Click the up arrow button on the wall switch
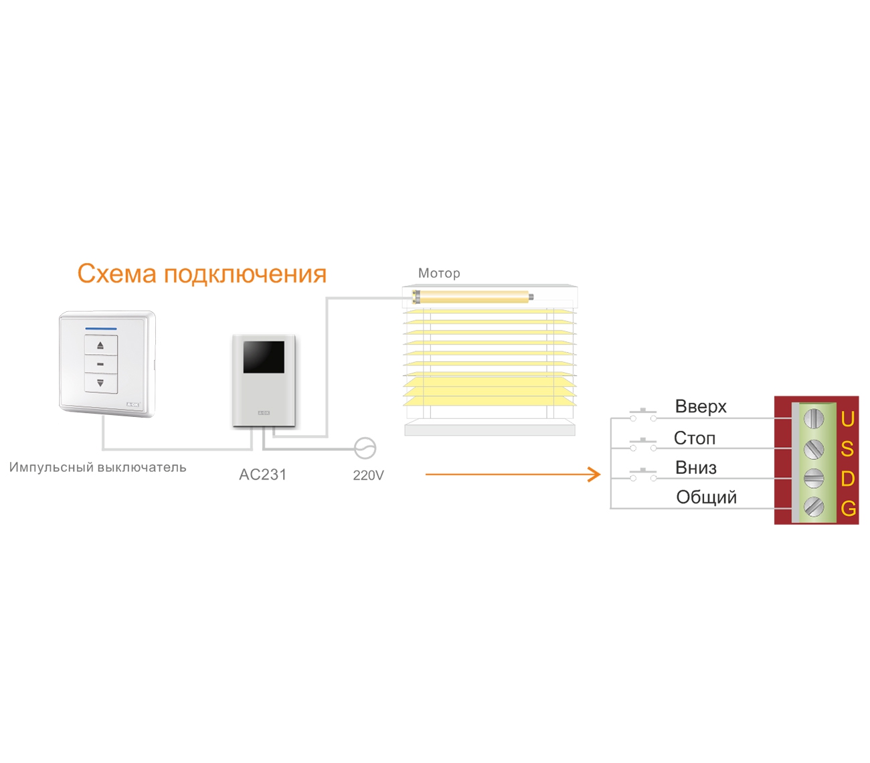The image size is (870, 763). click(100, 345)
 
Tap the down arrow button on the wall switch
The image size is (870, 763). click(100, 383)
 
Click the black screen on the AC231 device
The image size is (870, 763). click(264, 357)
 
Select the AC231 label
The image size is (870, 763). click(263, 475)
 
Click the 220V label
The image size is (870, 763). click(368, 475)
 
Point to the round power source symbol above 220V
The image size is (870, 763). click(365, 448)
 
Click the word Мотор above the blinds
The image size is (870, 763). click(439, 273)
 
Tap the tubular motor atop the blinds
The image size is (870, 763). click(472, 296)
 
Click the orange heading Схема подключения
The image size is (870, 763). click(201, 274)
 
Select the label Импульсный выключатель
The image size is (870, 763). click(98, 467)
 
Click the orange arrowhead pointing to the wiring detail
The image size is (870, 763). click(594, 475)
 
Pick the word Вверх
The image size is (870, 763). click(701, 406)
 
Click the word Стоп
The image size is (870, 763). click(695, 438)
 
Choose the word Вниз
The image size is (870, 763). click(696, 468)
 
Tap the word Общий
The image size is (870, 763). click(706, 497)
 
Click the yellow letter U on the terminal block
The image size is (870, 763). click(848, 419)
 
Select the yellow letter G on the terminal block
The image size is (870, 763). click(849, 509)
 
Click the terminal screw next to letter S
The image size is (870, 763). click(813, 448)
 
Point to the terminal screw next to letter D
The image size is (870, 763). click(813, 478)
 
